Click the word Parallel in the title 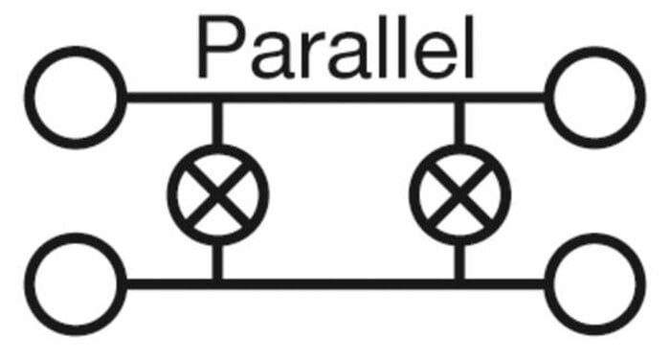click(x=335, y=47)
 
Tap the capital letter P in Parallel click(x=221, y=48)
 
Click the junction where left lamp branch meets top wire click(x=217, y=97)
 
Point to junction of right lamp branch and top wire click(x=459, y=97)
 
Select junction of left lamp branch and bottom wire click(x=217, y=284)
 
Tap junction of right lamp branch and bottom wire click(x=459, y=284)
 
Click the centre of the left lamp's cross click(x=218, y=194)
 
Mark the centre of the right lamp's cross click(x=459, y=194)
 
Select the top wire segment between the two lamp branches click(x=339, y=97)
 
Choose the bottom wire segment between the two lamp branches click(x=339, y=284)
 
